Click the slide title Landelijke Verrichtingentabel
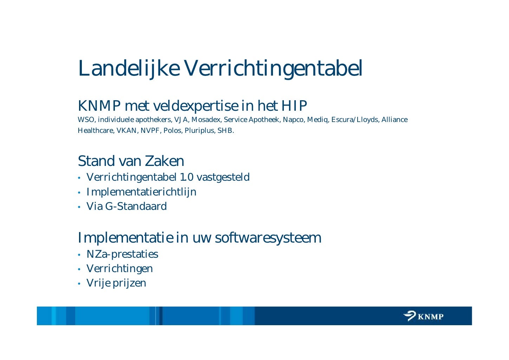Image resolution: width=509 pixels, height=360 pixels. coord(220,68)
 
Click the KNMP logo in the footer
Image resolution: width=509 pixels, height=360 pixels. coord(423,316)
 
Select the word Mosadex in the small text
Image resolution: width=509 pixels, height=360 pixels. coord(206,120)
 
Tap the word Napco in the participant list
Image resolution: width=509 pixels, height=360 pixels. coord(293,120)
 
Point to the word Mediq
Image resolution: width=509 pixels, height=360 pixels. coord(318,120)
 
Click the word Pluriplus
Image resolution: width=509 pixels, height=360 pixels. coord(197,131)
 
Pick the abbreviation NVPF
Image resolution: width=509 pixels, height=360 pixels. coord(150,131)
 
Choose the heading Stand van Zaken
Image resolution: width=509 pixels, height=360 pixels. coord(131,161)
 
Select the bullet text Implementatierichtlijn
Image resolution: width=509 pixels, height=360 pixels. coord(141,192)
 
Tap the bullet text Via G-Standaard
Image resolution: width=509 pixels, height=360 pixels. coord(126,206)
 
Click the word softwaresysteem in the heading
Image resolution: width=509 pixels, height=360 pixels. coord(268,238)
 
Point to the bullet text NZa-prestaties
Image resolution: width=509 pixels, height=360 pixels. coord(122,254)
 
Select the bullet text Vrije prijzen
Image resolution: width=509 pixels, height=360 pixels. coord(116,283)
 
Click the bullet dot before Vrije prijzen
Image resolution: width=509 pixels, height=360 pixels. coord(79,283)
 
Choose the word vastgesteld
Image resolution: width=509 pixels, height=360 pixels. coord(223,177)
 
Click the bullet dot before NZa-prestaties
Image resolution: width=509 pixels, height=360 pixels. coord(79,255)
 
